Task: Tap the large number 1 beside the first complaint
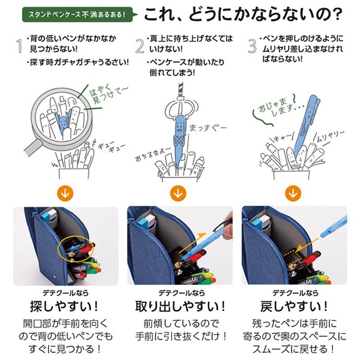point(20,46)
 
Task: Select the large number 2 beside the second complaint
point(140,46)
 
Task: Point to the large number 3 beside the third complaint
point(252,46)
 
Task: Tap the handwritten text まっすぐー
point(208,128)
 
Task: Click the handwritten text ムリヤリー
point(331,136)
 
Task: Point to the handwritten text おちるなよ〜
point(152,154)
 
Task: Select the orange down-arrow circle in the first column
point(65,193)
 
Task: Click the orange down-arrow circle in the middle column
point(178,193)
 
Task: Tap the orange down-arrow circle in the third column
point(293,193)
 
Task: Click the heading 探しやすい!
point(64,306)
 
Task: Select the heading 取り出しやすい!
point(181,306)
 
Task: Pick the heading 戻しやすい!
point(294,306)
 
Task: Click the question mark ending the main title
point(337,14)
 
